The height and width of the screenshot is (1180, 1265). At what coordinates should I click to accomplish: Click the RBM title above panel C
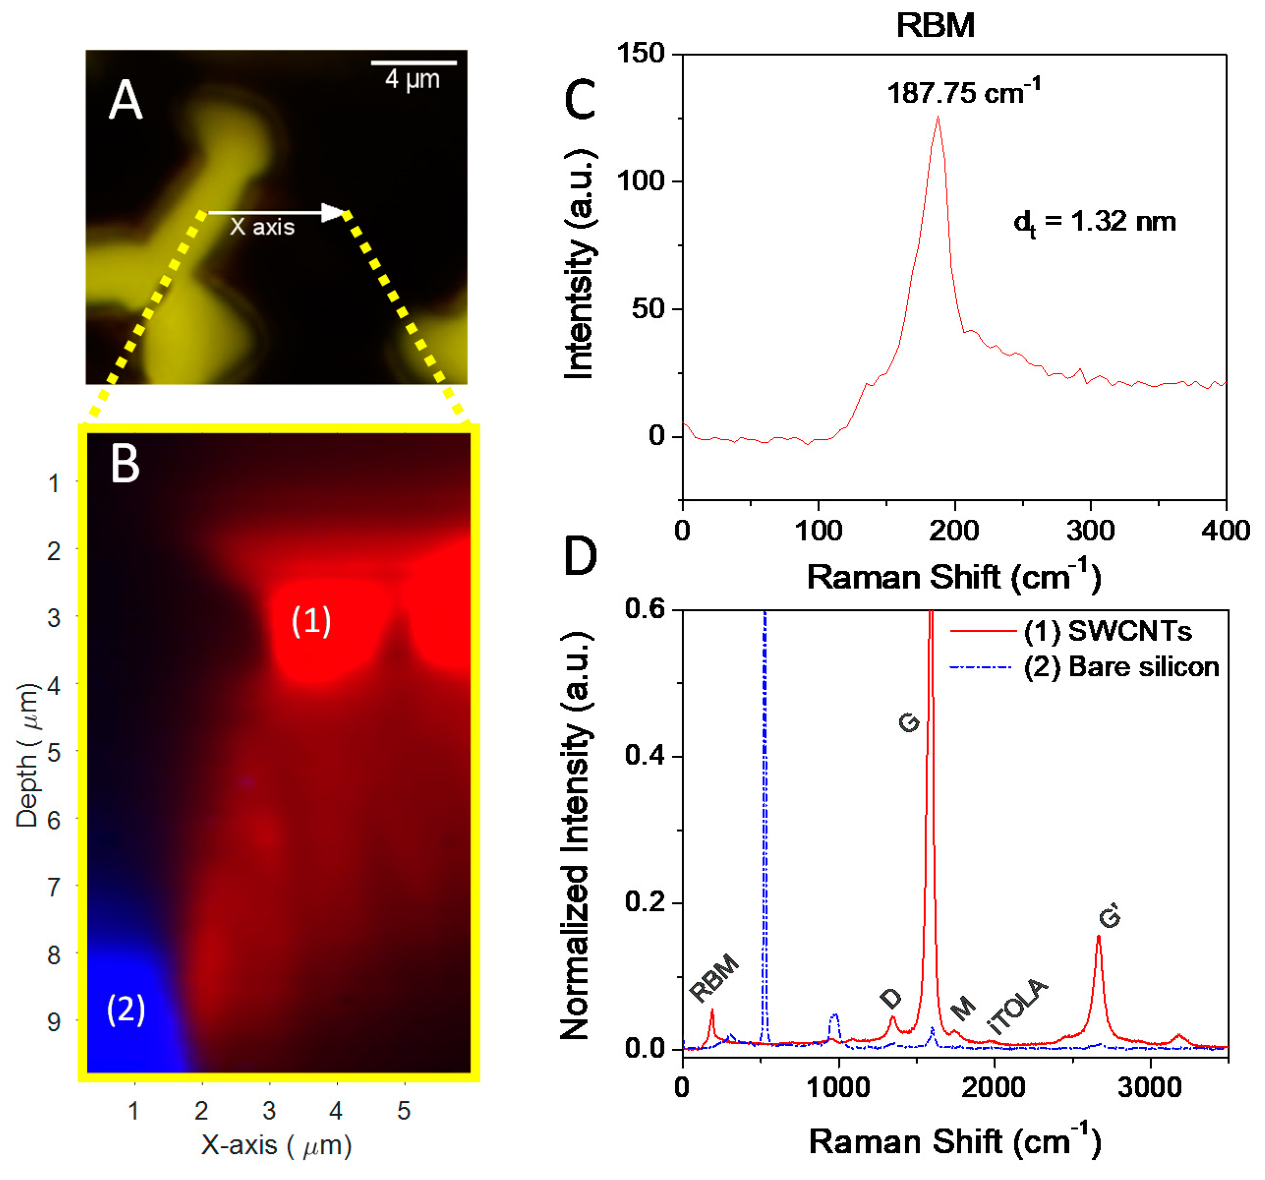pos(935,26)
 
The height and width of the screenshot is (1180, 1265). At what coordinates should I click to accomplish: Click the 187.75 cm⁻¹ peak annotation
pos(963,92)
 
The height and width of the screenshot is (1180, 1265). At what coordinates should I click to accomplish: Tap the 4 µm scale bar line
pos(414,63)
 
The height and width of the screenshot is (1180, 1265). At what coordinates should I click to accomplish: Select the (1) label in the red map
pos(311,620)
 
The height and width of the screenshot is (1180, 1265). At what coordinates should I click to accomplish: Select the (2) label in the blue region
pos(126,1009)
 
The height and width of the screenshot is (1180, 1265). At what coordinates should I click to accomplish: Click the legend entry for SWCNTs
pos(1107,631)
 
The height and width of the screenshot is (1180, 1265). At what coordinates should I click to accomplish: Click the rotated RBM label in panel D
pos(715,979)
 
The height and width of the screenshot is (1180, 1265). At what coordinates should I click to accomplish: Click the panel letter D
pos(580,556)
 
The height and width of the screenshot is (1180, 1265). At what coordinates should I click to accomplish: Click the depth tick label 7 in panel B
pos(55,886)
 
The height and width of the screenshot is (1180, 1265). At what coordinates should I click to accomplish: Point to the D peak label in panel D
pos(891,999)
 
